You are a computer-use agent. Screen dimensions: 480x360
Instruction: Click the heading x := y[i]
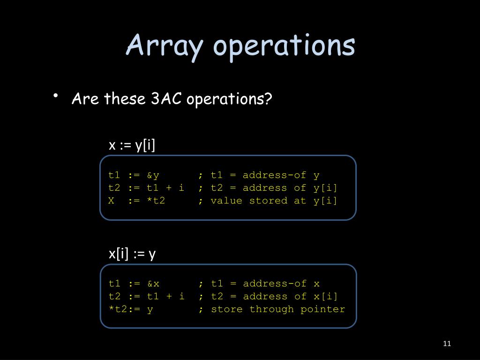(132, 145)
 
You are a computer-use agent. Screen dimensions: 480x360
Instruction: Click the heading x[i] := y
(132, 254)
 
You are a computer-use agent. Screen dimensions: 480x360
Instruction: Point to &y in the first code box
(153, 175)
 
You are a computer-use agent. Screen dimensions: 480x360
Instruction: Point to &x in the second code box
(153, 284)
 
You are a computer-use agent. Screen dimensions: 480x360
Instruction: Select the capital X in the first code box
(112, 201)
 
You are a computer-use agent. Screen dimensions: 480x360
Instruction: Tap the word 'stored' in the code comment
(268, 201)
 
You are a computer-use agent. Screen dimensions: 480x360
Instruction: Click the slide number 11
(446, 344)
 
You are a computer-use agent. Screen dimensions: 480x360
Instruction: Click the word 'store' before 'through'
(227, 309)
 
